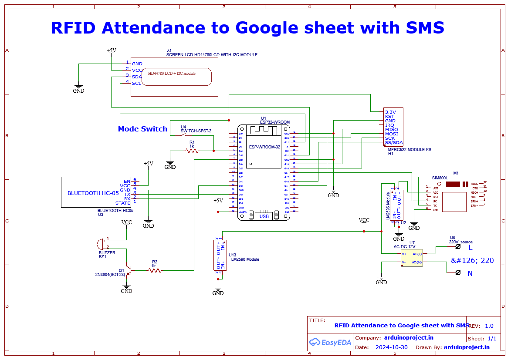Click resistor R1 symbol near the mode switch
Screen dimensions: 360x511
[x=192, y=151]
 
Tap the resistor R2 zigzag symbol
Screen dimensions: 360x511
[x=155, y=270]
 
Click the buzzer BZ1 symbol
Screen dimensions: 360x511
[x=102, y=244]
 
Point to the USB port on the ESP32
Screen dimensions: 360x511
[x=264, y=216]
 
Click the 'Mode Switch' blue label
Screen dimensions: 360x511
[x=142, y=129]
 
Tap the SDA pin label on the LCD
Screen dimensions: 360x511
[x=137, y=77]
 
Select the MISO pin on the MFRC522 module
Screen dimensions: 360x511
[x=391, y=130]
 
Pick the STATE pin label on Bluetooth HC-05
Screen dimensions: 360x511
[x=122, y=203]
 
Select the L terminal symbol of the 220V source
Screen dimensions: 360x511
[x=457, y=246]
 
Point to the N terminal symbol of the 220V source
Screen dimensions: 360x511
[x=457, y=273]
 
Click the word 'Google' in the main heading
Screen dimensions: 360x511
[x=266, y=28]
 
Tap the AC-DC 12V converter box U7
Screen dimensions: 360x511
[x=412, y=258]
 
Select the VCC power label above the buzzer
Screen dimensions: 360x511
[x=126, y=222]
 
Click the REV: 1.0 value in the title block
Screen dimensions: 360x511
[x=489, y=326]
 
